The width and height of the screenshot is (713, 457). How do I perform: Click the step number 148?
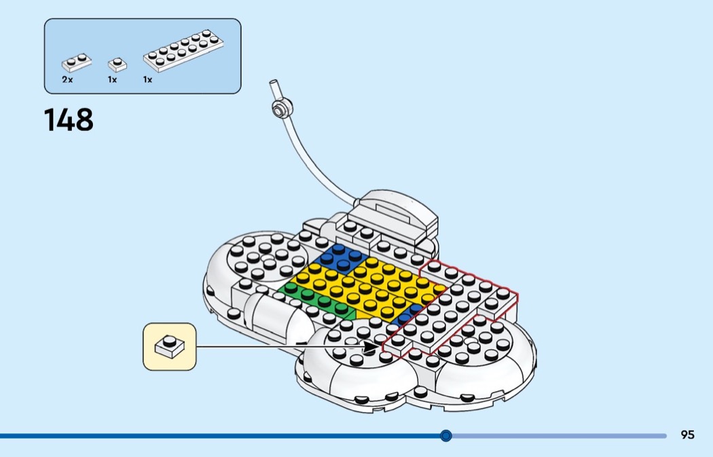(69, 120)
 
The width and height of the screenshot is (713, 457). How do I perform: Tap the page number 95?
(687, 435)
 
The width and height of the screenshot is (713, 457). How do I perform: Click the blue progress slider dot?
(446, 436)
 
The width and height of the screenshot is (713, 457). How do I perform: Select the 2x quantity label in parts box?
(67, 79)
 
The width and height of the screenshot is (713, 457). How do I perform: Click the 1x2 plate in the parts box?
(76, 62)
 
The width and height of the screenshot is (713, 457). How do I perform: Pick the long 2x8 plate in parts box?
(183, 50)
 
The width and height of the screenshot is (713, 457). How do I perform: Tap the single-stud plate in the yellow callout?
(169, 346)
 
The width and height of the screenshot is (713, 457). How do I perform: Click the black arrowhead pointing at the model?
(371, 347)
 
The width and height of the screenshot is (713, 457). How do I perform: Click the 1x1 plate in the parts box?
(117, 65)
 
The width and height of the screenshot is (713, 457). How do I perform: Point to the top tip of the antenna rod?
(273, 82)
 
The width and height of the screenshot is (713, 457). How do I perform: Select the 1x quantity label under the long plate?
(147, 79)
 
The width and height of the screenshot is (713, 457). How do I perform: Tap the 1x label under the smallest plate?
(112, 79)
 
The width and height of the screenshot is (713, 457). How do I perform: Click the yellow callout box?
(170, 346)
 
